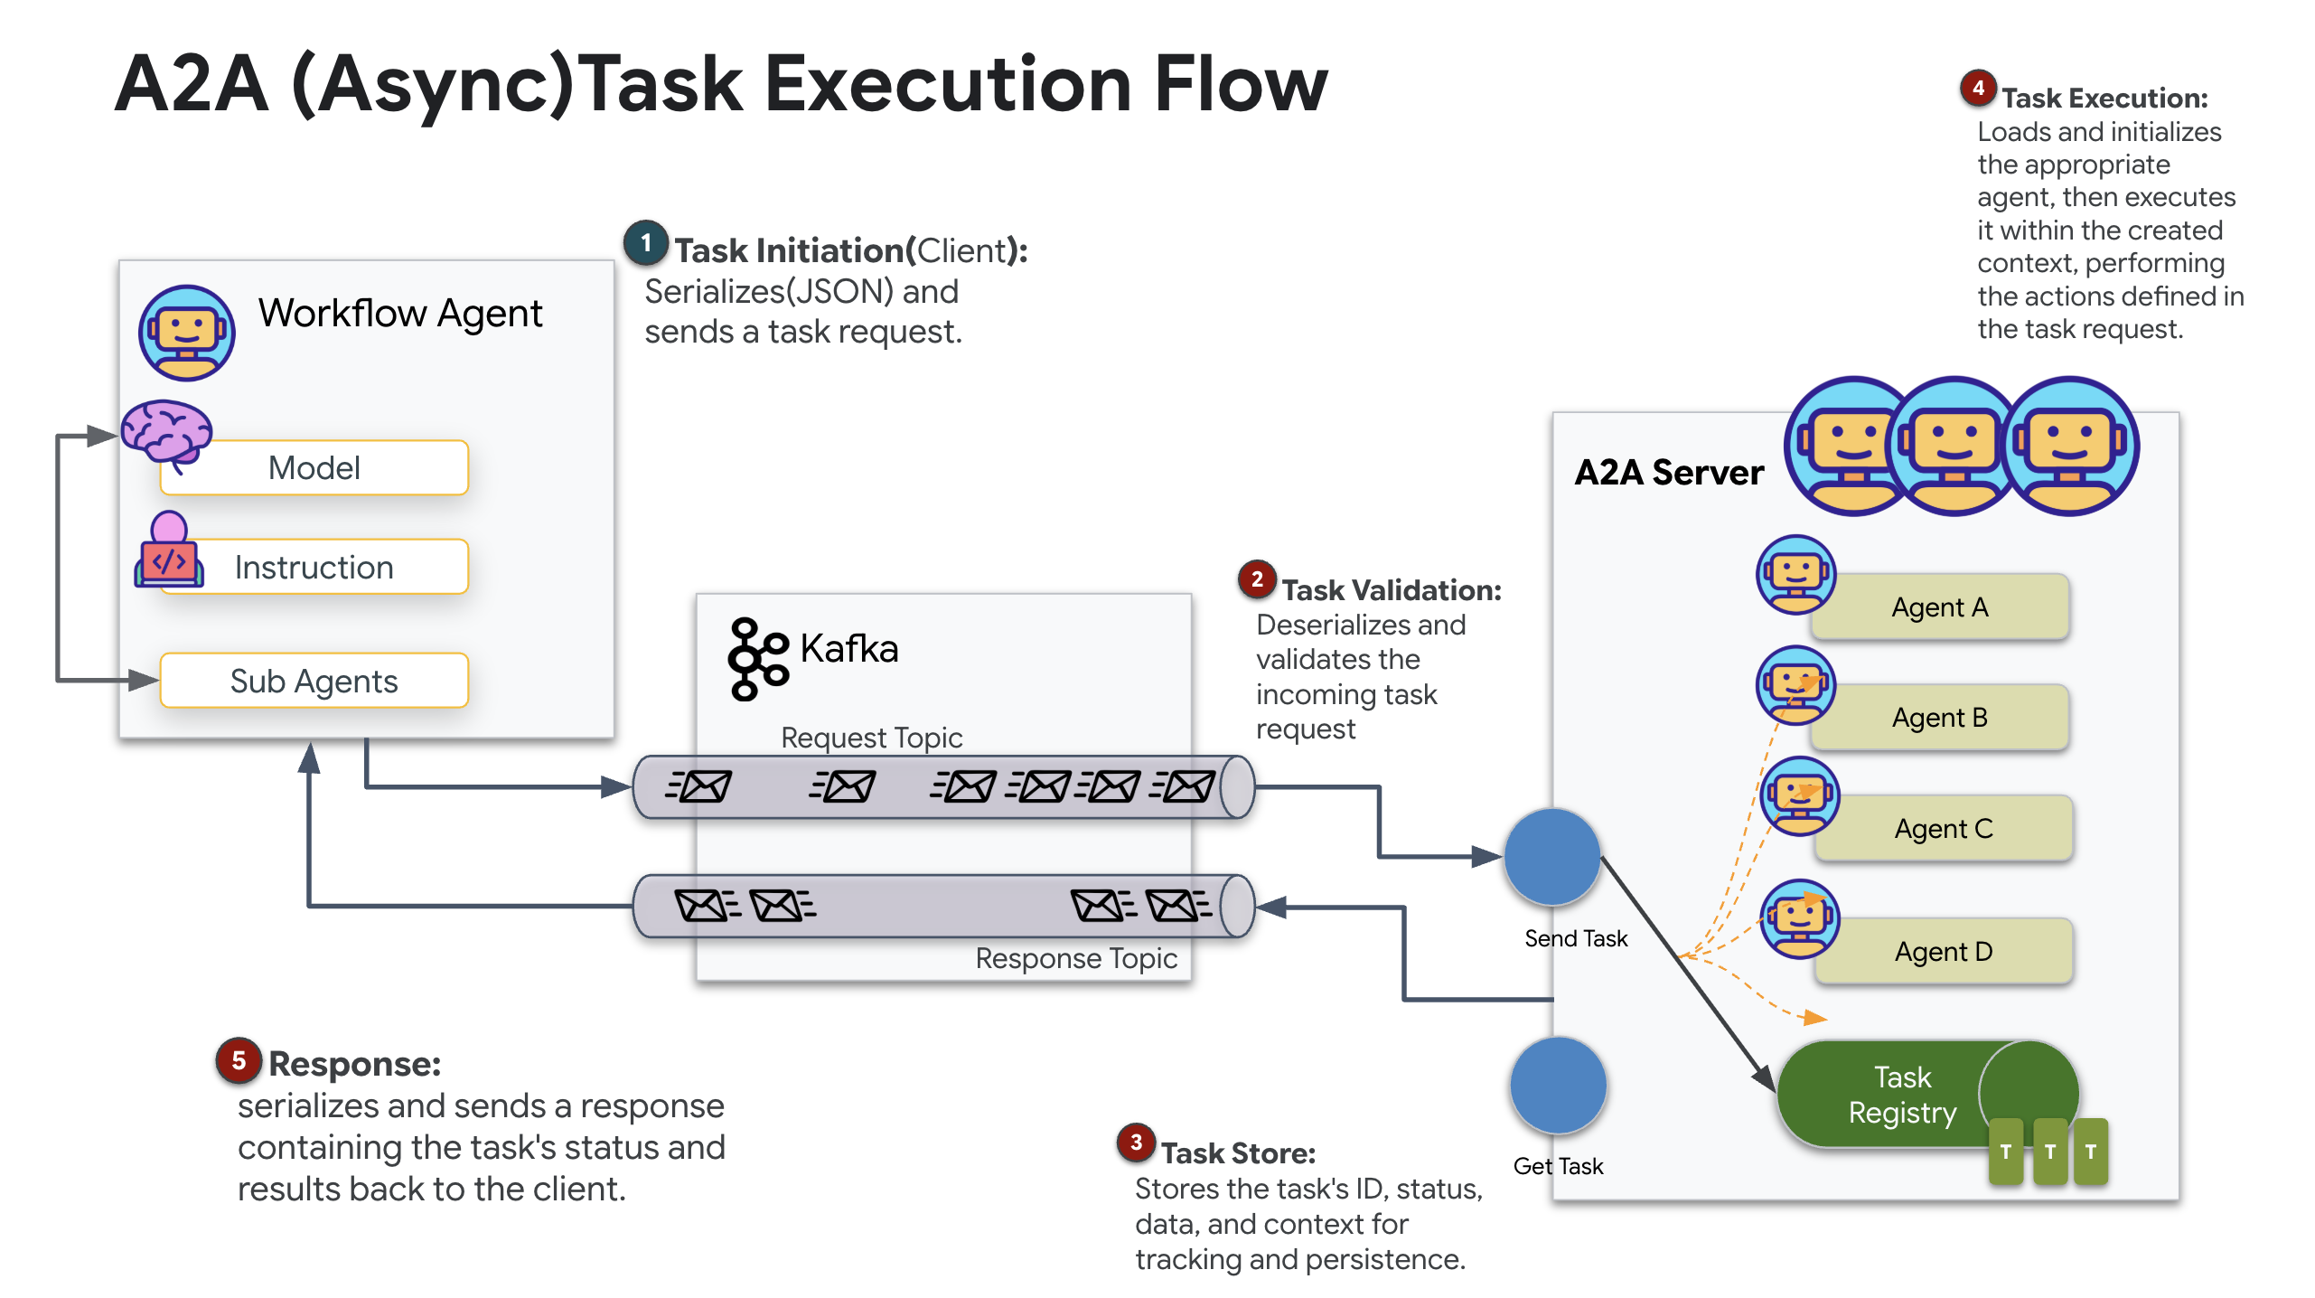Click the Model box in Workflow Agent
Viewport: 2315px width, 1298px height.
tap(314, 468)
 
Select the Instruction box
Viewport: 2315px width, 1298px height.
tap(314, 568)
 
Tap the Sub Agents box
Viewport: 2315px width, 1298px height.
tap(314, 681)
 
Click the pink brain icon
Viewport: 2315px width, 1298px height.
tap(166, 432)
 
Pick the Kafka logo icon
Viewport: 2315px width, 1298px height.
tap(756, 658)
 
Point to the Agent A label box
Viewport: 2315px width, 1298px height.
tap(1940, 607)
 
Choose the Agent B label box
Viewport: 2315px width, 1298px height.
tap(1940, 718)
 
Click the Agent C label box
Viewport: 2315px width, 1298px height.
tap(1943, 829)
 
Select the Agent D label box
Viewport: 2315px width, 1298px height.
tap(1943, 952)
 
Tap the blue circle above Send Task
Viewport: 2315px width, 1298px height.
tap(1552, 857)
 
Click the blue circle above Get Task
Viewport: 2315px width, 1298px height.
tap(1558, 1086)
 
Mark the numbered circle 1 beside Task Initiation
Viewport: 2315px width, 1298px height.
tap(646, 243)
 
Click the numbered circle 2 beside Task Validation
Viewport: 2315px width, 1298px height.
tap(1257, 579)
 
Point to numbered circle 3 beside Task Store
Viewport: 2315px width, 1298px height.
tap(1137, 1143)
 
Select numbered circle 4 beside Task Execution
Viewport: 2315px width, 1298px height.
tap(1978, 88)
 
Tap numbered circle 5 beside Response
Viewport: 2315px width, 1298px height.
tap(239, 1060)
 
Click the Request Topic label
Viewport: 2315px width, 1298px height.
tap(871, 738)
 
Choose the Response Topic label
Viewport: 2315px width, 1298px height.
tap(1075, 958)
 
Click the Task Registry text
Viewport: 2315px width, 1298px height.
tap(1902, 1095)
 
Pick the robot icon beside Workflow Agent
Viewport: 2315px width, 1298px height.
tap(187, 333)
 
